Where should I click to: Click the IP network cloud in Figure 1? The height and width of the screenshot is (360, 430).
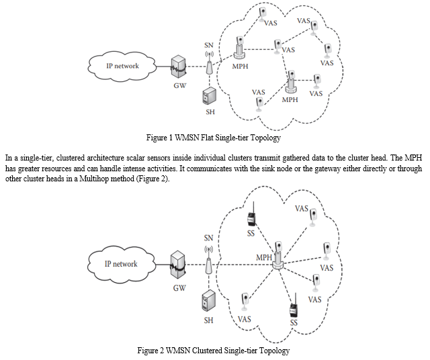click(x=121, y=66)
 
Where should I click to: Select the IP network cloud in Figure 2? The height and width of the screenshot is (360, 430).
click(x=121, y=264)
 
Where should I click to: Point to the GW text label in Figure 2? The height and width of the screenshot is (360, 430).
click(x=179, y=288)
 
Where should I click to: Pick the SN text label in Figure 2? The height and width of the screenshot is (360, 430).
click(x=209, y=238)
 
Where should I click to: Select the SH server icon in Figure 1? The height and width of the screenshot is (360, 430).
click(x=209, y=96)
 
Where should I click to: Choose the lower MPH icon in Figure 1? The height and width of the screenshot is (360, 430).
click(x=291, y=82)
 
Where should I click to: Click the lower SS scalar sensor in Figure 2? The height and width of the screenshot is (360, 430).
click(x=294, y=310)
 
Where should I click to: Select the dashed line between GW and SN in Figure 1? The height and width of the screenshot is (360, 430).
click(x=195, y=66)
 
